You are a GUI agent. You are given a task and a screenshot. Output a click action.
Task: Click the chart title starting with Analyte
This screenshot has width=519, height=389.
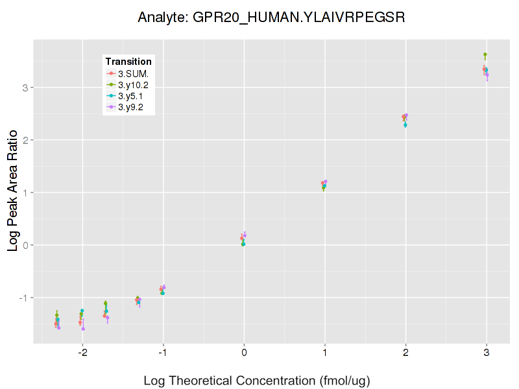click(272, 18)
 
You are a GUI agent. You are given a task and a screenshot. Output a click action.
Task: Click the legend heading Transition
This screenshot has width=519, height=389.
click(128, 62)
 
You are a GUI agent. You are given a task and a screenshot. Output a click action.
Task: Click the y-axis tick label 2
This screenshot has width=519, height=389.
click(24, 140)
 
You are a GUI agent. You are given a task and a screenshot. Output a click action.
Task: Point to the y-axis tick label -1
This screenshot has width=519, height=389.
click(22, 298)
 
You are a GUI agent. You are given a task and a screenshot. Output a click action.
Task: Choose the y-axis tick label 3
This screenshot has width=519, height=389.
click(24, 88)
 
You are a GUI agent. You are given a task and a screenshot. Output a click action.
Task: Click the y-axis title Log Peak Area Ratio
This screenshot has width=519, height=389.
click(12, 189)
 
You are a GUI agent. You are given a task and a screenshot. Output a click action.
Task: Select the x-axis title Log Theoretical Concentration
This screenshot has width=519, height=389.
click(257, 381)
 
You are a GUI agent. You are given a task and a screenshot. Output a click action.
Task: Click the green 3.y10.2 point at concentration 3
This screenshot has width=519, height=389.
click(485, 54)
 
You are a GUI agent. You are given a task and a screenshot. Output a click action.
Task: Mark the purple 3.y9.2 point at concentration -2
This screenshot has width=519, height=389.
click(83, 329)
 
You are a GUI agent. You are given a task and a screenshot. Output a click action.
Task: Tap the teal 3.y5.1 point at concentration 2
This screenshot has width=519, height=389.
click(405, 125)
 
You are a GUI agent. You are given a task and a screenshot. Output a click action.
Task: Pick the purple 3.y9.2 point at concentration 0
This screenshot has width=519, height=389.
click(245, 235)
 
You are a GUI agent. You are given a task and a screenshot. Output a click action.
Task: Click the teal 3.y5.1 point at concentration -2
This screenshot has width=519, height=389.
click(82, 311)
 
